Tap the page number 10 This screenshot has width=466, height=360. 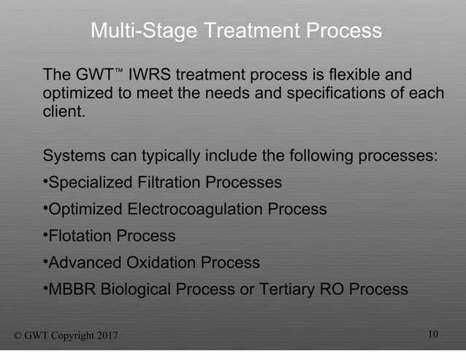(433, 334)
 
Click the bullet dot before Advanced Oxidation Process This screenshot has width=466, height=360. (45, 261)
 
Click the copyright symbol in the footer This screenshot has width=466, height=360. (19, 335)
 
